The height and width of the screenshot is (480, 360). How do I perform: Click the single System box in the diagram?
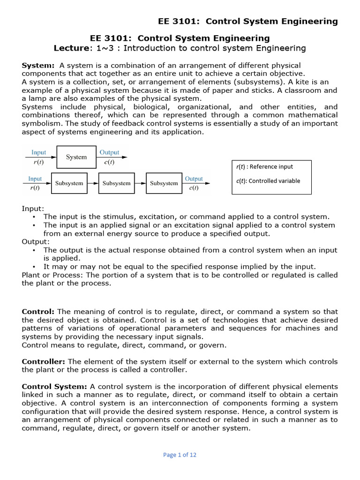76,157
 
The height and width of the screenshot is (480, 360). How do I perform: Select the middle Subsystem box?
116,183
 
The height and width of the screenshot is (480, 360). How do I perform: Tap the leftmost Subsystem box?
69,183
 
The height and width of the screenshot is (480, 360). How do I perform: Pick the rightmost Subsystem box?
164,183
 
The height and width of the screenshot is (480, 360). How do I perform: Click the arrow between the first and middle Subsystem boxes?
93,183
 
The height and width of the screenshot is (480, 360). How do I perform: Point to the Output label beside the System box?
109,152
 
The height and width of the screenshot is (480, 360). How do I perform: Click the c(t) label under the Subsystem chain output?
194,188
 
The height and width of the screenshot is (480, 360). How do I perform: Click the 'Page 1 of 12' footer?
180,454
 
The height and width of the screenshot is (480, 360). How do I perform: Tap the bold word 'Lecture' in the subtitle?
70,48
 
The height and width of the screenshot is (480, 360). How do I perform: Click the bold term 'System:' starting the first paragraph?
38,65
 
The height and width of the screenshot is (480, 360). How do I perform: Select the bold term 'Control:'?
38,312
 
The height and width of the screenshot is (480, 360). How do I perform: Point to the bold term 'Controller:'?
45,361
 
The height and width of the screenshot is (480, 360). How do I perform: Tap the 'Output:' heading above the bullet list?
35,241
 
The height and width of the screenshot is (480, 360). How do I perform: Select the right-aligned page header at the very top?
248,21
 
